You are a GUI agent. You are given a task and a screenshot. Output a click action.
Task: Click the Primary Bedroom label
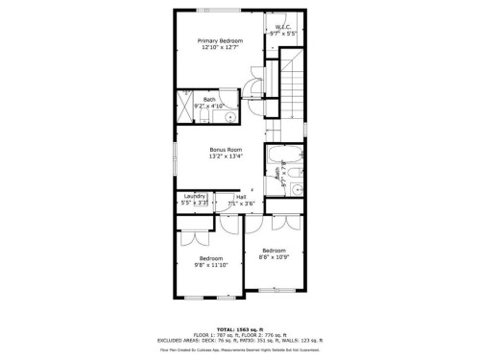[x=220, y=41]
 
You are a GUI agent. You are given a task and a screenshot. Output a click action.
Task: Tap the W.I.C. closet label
[x=283, y=27]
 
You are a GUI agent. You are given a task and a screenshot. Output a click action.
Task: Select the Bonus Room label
[x=227, y=149]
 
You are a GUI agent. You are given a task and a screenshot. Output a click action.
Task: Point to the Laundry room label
[x=194, y=196]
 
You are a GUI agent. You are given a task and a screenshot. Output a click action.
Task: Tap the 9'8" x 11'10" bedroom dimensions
[x=210, y=264]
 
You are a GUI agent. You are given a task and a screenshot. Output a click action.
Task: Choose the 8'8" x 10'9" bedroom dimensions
[x=273, y=256]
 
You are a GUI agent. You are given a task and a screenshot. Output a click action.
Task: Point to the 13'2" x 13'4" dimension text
[x=227, y=156]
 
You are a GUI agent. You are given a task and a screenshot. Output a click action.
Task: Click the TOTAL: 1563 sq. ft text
[x=240, y=328]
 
